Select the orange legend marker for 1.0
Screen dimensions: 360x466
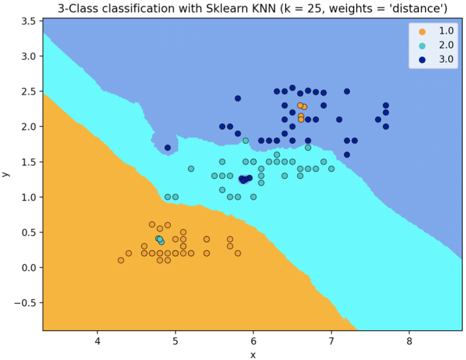click(x=422, y=31)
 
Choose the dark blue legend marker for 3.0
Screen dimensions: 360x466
click(x=422, y=59)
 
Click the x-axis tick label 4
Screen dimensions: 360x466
click(x=97, y=341)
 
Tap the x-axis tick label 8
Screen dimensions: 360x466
click(x=409, y=341)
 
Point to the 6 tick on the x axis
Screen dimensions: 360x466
click(x=253, y=341)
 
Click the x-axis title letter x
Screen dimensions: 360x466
click(x=252, y=354)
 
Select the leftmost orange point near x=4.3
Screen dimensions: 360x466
click(x=121, y=261)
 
